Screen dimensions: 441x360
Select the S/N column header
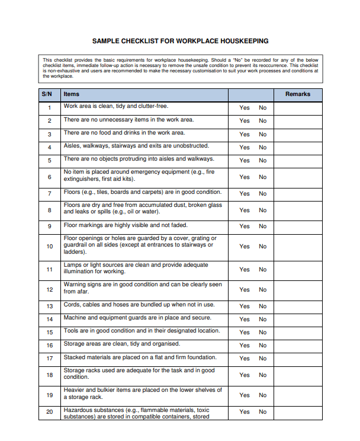[47, 94]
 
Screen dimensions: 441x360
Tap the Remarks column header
[297, 94]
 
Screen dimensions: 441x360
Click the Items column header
[72, 94]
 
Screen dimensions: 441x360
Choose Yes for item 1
[245, 108]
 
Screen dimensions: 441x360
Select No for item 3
[262, 134]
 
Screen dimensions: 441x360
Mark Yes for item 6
[245, 177]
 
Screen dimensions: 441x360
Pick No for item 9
[262, 226]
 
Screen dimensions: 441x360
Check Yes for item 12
[245, 289]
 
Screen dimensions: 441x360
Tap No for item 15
[262, 332]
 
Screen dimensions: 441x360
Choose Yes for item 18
[245, 375]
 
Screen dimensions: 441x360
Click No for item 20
[262, 411]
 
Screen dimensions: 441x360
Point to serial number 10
[49, 246]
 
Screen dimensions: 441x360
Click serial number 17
[49, 359]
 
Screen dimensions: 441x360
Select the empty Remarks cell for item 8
[298, 210]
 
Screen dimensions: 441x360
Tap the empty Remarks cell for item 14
[298, 319]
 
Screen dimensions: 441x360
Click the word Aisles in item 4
[72, 146]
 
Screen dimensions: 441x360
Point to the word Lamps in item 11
[72, 265]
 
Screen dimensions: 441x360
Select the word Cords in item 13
[72, 305]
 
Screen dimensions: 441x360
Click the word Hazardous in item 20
[78, 410]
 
